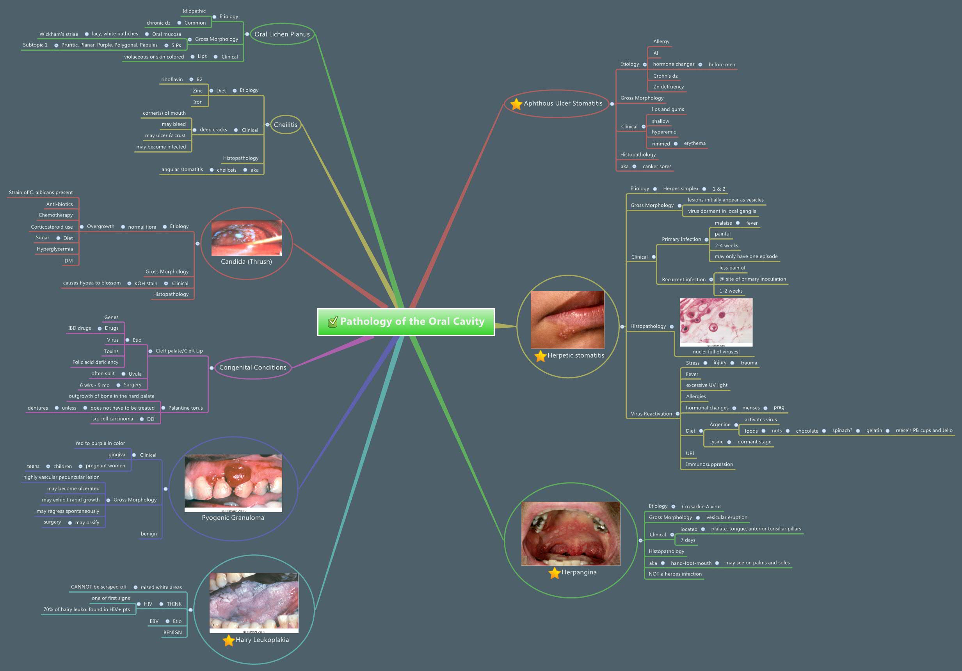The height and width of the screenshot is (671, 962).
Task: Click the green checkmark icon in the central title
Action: click(333, 322)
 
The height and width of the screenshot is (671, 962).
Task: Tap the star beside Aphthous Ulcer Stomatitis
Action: click(516, 104)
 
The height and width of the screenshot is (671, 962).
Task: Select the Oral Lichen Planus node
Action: click(282, 34)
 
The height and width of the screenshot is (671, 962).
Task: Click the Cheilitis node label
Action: click(285, 125)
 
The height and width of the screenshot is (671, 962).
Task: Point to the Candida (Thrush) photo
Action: click(246, 238)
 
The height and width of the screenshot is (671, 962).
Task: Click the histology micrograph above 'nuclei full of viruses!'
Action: click(716, 322)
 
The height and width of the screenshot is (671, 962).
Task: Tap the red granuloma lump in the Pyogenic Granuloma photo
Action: click(238, 473)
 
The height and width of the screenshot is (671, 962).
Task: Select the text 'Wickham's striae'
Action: click(59, 34)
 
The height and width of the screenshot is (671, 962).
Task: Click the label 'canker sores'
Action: click(656, 167)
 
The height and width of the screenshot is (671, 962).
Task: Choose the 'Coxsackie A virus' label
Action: click(701, 507)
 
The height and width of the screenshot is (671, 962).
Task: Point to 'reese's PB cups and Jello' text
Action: click(923, 431)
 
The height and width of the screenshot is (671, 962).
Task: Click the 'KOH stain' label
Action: click(146, 284)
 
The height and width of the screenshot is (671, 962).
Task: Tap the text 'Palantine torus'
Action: click(185, 408)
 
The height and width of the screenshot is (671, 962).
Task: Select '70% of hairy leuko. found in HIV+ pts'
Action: click(86, 610)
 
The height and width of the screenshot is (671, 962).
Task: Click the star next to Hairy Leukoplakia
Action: click(228, 641)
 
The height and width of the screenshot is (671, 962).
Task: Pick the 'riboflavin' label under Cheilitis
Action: click(172, 80)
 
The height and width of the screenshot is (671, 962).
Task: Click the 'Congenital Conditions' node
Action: click(253, 368)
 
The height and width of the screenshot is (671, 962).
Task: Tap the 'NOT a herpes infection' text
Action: click(675, 574)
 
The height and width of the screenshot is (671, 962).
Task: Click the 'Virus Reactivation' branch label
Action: click(651, 414)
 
